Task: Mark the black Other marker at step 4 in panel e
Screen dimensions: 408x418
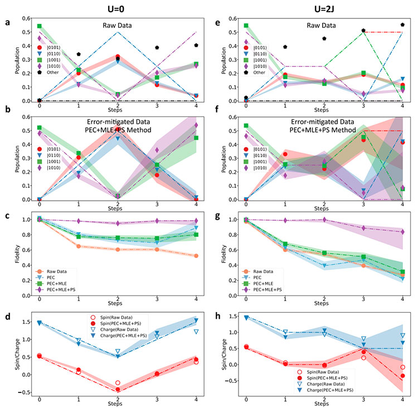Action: [x=402, y=25]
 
